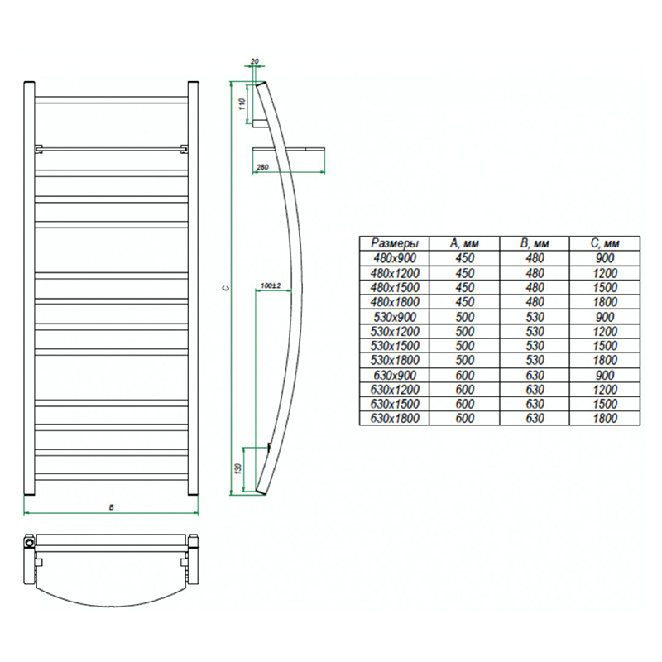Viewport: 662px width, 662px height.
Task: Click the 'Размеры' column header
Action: click(x=395, y=243)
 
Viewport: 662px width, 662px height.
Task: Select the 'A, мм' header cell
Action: click(x=464, y=243)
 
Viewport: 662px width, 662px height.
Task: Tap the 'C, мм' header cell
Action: click(x=605, y=243)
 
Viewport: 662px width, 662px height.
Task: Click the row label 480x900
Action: click(x=395, y=258)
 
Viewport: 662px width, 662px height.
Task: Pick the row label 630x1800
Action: click(x=395, y=418)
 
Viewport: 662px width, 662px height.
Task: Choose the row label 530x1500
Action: click(x=395, y=345)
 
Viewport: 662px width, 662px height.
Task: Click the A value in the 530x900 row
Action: click(x=464, y=317)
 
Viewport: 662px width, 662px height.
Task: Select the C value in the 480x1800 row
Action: click(x=605, y=302)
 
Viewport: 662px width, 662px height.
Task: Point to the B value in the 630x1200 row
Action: click(x=535, y=389)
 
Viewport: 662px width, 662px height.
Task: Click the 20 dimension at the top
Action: click(x=255, y=61)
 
